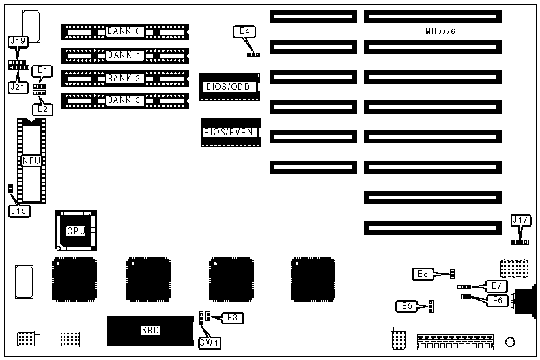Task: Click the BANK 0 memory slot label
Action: (x=124, y=31)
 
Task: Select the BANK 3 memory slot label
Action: (x=124, y=101)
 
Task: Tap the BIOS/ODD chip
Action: (x=229, y=87)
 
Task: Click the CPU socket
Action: (x=75, y=231)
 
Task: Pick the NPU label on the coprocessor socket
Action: (x=31, y=161)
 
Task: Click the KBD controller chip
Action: (x=150, y=331)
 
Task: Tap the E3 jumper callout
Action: (x=232, y=318)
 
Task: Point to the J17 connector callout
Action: (x=520, y=220)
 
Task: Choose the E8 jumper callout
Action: (x=423, y=274)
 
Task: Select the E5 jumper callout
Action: (x=406, y=305)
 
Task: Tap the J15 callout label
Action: (x=18, y=211)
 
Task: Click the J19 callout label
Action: (x=17, y=42)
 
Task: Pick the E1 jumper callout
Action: (x=42, y=70)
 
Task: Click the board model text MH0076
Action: (x=440, y=32)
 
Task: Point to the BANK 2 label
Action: (x=124, y=78)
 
